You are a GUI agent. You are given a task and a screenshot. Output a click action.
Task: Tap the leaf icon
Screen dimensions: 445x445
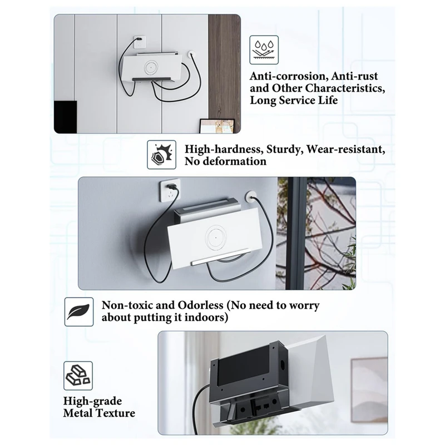(x=77, y=311)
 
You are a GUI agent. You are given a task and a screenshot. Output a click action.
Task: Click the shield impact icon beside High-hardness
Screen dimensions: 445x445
(x=159, y=154)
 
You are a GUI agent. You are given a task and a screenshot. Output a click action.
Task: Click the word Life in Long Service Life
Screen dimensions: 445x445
(x=325, y=101)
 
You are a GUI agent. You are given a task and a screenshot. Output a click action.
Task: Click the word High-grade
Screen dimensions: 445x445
(x=92, y=400)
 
